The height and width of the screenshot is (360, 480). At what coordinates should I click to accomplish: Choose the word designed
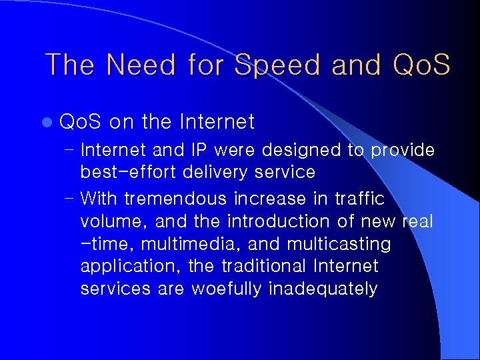point(305,151)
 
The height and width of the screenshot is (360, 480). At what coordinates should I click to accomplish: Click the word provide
point(403,151)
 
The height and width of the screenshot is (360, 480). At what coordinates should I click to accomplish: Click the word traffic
point(359,199)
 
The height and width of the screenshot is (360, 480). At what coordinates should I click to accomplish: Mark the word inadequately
point(323,289)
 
